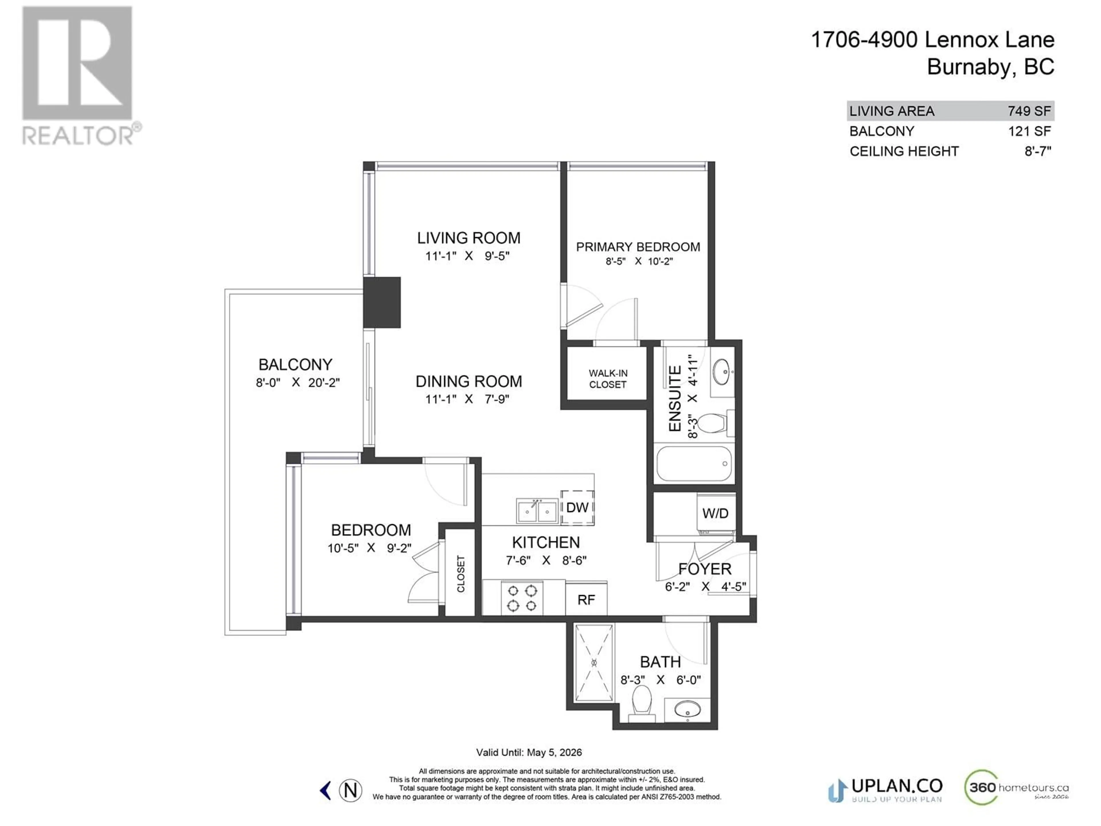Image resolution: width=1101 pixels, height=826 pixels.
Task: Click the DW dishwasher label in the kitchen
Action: coord(577,507)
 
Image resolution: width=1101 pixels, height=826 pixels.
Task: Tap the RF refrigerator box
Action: coord(586,599)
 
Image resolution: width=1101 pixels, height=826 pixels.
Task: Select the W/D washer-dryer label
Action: coord(715,513)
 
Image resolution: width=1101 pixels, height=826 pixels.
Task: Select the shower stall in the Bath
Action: coord(594,663)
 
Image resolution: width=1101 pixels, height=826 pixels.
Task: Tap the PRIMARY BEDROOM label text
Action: coord(638,247)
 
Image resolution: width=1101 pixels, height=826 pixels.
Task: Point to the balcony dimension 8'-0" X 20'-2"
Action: coord(298,382)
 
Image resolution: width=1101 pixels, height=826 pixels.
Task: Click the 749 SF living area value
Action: coord(1029,111)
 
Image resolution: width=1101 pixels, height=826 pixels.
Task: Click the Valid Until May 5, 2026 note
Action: coord(529,752)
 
